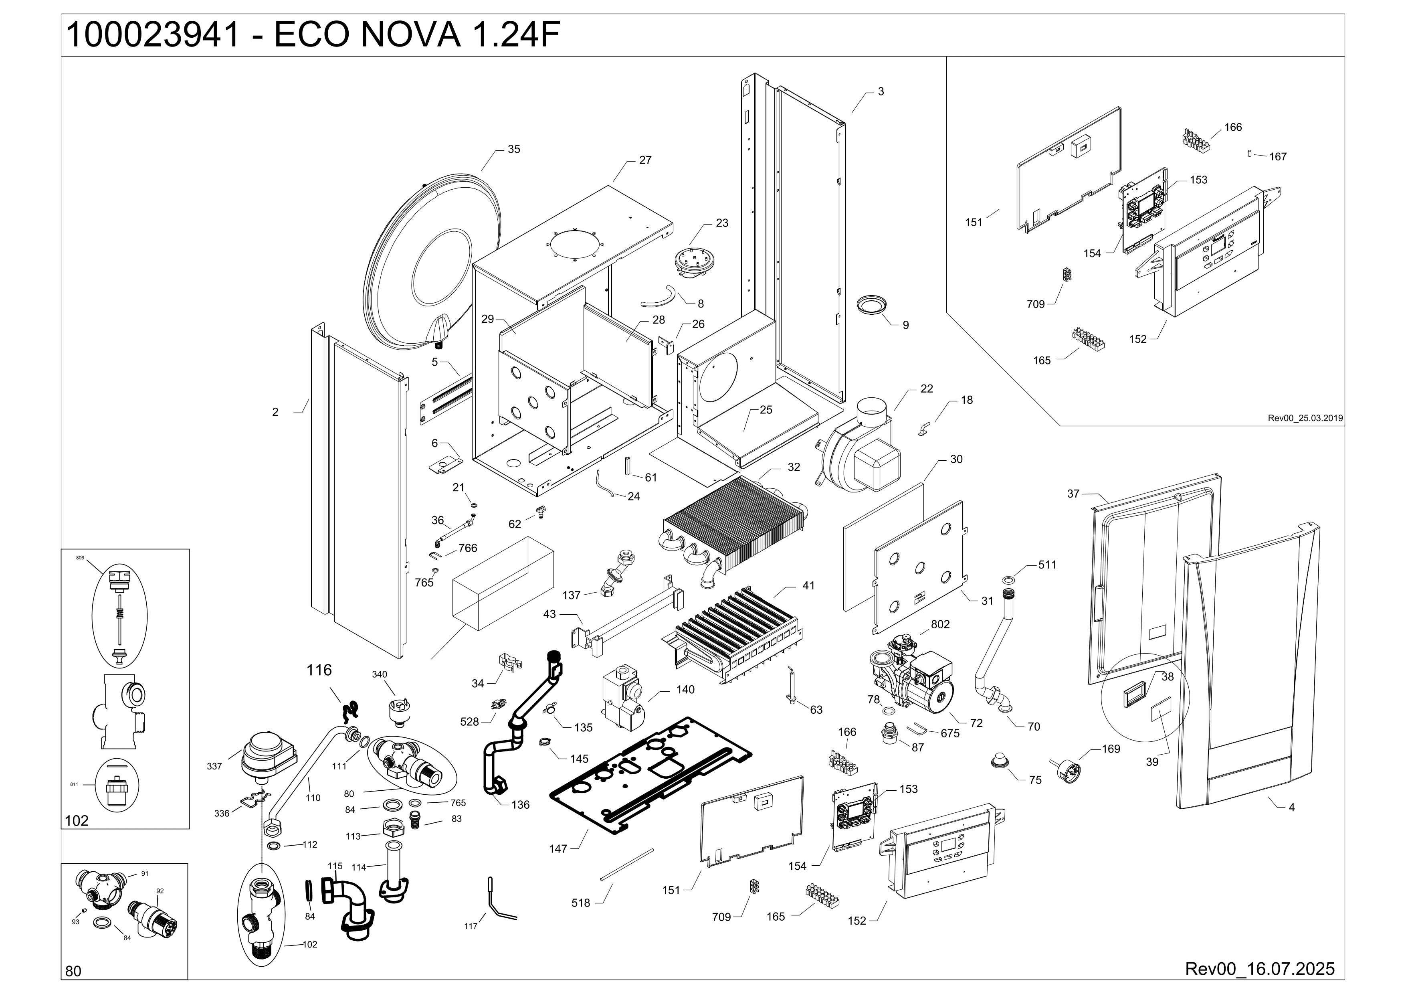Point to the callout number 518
pos(580,903)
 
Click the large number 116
pos(319,670)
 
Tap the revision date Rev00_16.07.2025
pos(1260,968)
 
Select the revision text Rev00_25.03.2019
pos(1305,418)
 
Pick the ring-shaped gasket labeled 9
pos(872,304)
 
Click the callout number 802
pos(940,624)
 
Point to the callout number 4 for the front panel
pos(1291,807)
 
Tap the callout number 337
pos(214,766)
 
